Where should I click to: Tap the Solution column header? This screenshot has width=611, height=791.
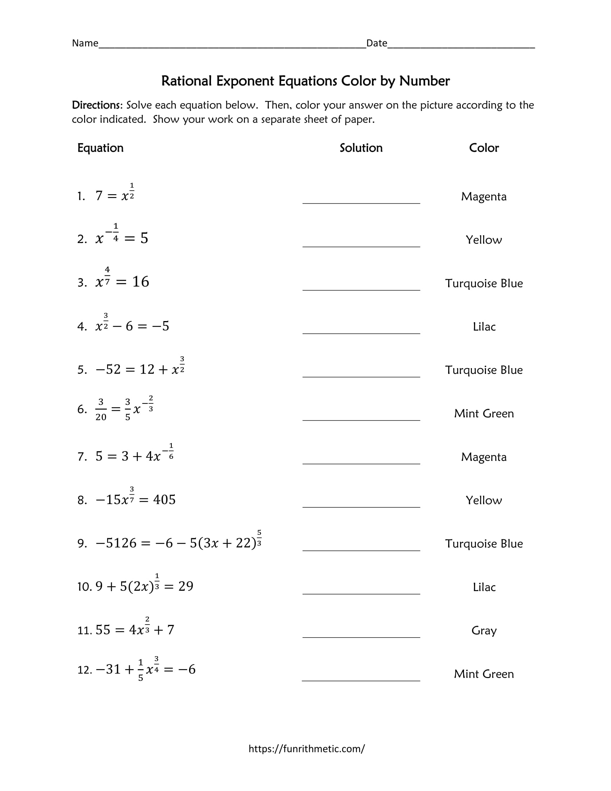click(x=361, y=148)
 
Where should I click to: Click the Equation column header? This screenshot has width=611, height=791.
click(x=100, y=148)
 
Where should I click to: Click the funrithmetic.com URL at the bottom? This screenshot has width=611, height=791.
click(x=307, y=749)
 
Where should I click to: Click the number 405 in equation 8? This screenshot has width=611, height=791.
click(x=164, y=500)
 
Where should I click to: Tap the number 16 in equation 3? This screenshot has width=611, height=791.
click(x=141, y=282)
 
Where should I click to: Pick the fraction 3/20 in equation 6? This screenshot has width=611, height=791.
click(x=101, y=410)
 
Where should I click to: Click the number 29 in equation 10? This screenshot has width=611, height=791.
click(x=186, y=586)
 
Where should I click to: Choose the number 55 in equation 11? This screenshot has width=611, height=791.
click(x=103, y=630)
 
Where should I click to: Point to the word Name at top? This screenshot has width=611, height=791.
click(x=85, y=43)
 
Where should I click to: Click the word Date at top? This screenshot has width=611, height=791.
click(x=376, y=43)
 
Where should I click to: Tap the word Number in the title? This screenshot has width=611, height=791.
click(x=424, y=81)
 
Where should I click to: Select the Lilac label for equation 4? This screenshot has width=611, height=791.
click(x=484, y=327)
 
